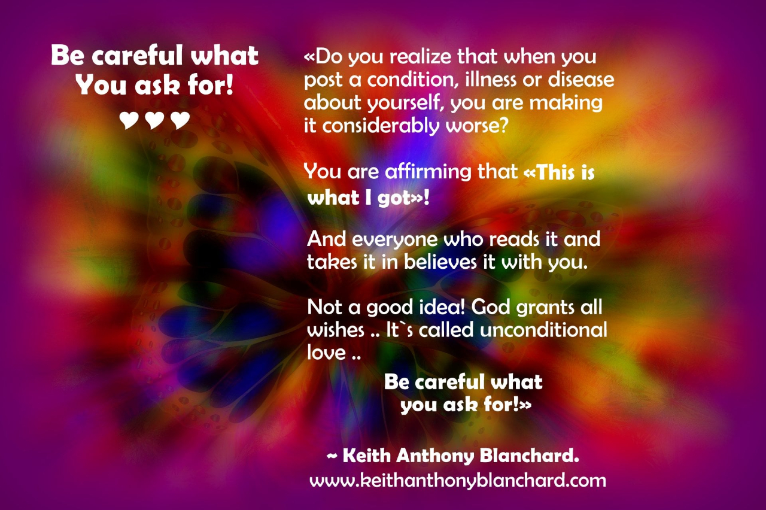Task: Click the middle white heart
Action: point(154,120)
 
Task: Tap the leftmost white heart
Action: point(129,120)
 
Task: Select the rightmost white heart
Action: point(180,120)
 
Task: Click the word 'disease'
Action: point(581,80)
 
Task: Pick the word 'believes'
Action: point(440,262)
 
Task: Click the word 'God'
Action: point(490,307)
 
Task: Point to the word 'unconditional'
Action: point(543,330)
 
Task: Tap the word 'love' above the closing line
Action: point(326,353)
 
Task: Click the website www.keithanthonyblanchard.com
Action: point(458,481)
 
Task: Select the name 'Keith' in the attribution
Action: point(367,456)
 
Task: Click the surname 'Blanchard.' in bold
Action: point(530,456)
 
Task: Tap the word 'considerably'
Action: point(381,126)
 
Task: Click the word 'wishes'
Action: point(336,330)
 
